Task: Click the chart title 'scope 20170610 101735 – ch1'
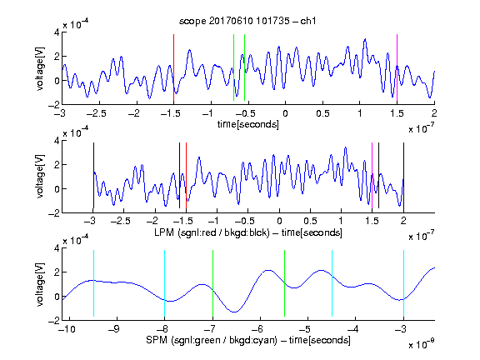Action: tap(247, 21)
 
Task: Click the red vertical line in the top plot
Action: tap(174, 67)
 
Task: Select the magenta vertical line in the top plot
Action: tap(397, 67)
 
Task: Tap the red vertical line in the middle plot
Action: tap(186, 175)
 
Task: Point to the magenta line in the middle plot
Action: tap(372, 175)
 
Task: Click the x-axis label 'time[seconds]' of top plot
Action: tap(248, 125)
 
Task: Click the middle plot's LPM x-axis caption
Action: tap(248, 232)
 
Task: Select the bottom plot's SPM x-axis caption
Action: tap(248, 340)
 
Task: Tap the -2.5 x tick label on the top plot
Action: tap(96, 113)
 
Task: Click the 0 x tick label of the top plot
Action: tap(285, 113)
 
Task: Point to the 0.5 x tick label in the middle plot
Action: tap(310, 221)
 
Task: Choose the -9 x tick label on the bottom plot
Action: tap(114, 329)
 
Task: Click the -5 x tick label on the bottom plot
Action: tap(305, 329)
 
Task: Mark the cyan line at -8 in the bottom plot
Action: tap(165, 283)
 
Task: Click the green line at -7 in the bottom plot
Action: tap(212, 283)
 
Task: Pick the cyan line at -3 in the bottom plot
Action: tap(404, 283)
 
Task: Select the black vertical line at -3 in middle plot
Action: tap(93, 175)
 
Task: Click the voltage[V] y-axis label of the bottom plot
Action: tap(40, 284)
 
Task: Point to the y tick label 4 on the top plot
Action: tap(57, 32)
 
